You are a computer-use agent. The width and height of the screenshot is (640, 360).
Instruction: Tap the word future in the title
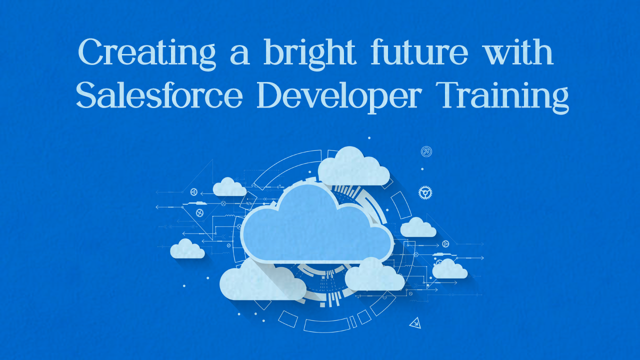point(419,51)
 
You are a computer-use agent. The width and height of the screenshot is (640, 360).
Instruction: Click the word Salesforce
point(159,94)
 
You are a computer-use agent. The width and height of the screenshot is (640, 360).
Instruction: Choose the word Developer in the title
point(339,97)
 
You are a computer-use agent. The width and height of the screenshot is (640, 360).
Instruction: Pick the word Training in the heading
point(502,97)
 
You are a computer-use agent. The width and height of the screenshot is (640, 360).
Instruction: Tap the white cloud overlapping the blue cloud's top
point(353,167)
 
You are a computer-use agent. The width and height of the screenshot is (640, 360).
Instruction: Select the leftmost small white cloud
point(187,249)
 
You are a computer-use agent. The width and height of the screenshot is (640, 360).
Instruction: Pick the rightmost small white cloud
point(449,269)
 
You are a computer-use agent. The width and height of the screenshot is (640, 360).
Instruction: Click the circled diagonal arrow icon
point(426,151)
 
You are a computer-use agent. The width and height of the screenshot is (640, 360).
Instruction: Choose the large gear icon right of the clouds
point(425,192)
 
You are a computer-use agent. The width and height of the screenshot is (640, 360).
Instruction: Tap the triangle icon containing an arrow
point(415,323)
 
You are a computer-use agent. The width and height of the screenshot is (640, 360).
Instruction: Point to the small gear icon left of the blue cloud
point(199,213)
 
